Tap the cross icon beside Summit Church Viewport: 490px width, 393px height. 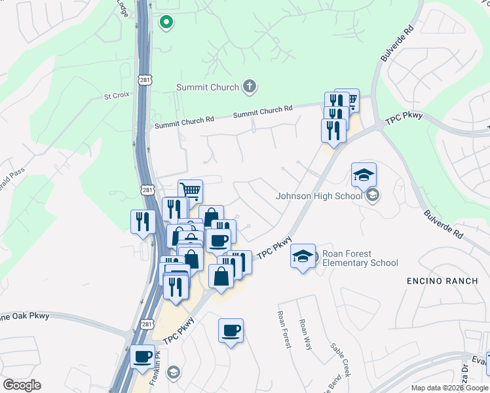coord(249,86)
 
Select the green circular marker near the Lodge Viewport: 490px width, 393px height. coord(166,23)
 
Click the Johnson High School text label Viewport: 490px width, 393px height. coord(319,195)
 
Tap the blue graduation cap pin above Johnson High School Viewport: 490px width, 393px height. coord(364,176)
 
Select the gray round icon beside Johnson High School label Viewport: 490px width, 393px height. coord(372,195)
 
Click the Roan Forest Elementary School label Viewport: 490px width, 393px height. coord(360,258)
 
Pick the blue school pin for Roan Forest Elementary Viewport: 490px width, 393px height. coord(303,257)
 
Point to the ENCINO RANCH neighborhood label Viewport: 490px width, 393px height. coord(444,280)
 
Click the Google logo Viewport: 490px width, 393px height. coord(22,385)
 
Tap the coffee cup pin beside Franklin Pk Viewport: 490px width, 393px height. coord(142,357)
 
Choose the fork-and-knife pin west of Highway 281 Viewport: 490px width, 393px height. coord(142,221)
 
